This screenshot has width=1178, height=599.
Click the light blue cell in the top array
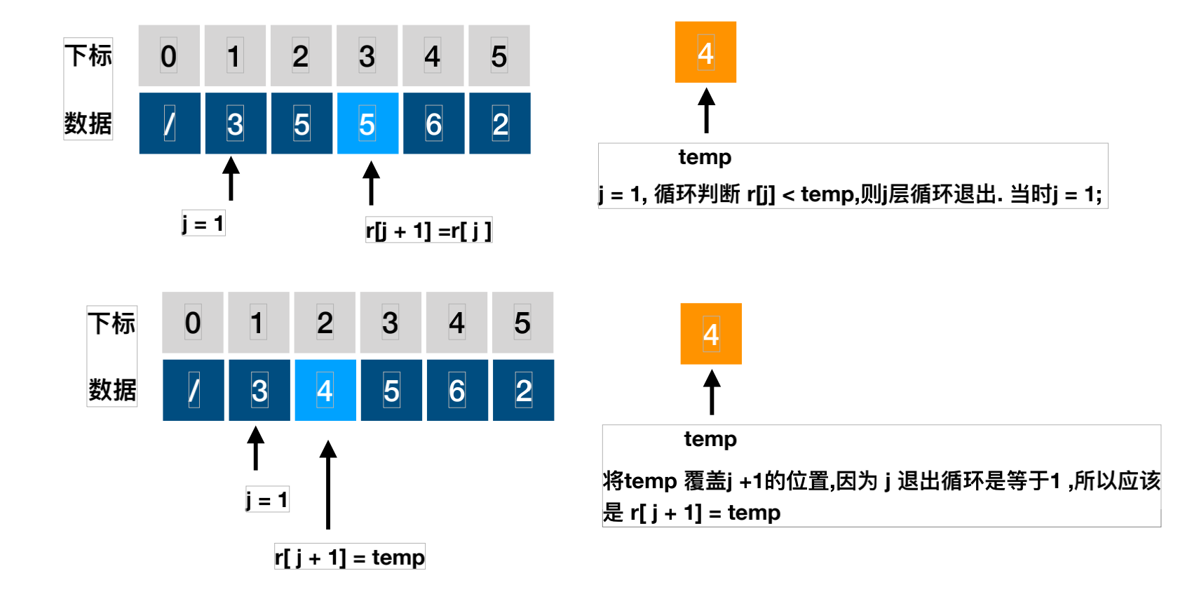(x=367, y=123)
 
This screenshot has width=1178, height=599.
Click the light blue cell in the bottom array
(x=325, y=390)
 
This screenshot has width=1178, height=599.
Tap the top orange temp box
(x=705, y=53)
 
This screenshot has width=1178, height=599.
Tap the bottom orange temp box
(x=711, y=334)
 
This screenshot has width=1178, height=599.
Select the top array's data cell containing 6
(x=433, y=123)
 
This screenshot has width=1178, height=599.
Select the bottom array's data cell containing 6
(x=457, y=390)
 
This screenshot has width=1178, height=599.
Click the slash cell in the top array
(x=170, y=123)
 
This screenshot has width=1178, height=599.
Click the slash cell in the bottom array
(x=194, y=390)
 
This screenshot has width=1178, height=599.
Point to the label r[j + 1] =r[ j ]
(x=428, y=230)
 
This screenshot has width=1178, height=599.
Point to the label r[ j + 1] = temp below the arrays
(x=349, y=557)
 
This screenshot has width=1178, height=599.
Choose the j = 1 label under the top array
(x=203, y=224)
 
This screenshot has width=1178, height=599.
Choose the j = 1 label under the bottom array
(x=267, y=499)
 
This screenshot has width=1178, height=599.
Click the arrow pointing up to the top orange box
(x=706, y=110)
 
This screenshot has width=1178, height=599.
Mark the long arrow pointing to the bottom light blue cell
(x=328, y=484)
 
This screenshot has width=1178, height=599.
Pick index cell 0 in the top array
(x=169, y=56)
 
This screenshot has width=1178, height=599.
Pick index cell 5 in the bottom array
(x=522, y=323)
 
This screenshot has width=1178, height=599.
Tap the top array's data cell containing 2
(x=500, y=123)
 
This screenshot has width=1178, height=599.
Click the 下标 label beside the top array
(x=88, y=55)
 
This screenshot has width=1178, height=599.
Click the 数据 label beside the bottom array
(x=112, y=389)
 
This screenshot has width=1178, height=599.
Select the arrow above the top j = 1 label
(x=231, y=179)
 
